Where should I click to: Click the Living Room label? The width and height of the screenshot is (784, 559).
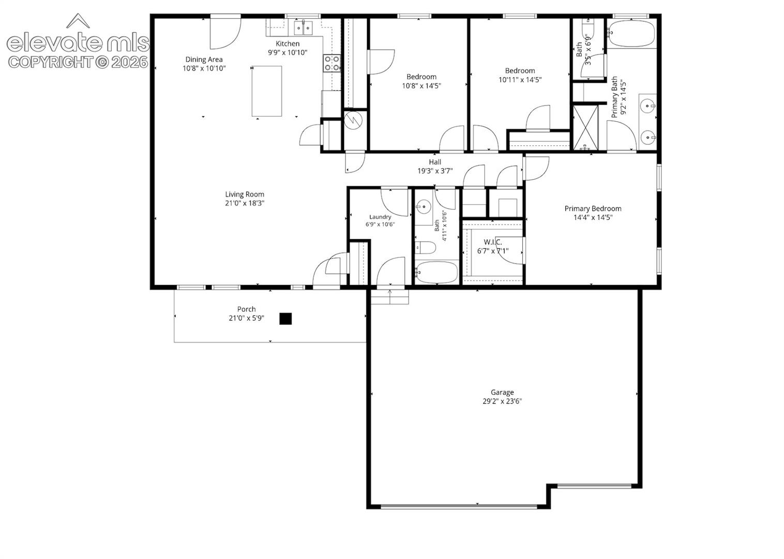(x=244, y=195)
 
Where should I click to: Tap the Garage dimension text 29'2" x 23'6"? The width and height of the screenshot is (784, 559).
(x=502, y=401)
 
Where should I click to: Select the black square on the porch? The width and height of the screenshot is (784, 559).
(x=285, y=319)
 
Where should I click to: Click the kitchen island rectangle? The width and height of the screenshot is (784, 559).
(x=267, y=91)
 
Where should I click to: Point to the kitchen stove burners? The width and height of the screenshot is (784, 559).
(x=332, y=63)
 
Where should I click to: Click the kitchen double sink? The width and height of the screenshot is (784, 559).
(x=303, y=28)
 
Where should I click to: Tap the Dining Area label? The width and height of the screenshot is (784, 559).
(x=204, y=60)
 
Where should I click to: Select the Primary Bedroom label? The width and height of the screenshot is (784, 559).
(x=593, y=209)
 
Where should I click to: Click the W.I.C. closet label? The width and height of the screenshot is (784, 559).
(x=493, y=242)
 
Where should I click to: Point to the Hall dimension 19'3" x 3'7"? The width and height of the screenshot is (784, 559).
(x=435, y=171)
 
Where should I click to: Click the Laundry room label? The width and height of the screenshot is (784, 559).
(x=380, y=217)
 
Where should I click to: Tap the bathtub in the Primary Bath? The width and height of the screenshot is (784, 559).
(x=631, y=34)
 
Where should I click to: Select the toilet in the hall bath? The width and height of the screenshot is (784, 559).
(x=426, y=247)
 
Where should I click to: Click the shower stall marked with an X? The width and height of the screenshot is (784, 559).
(x=585, y=127)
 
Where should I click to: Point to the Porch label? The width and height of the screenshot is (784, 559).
(x=246, y=310)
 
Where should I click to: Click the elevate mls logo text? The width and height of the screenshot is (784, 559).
(x=78, y=43)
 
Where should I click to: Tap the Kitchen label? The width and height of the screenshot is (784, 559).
(x=288, y=44)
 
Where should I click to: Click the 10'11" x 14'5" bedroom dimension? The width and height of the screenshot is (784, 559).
(x=520, y=80)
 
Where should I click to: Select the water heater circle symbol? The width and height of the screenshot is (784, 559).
(x=353, y=121)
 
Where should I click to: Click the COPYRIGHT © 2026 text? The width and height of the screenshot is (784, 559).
(x=78, y=62)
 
